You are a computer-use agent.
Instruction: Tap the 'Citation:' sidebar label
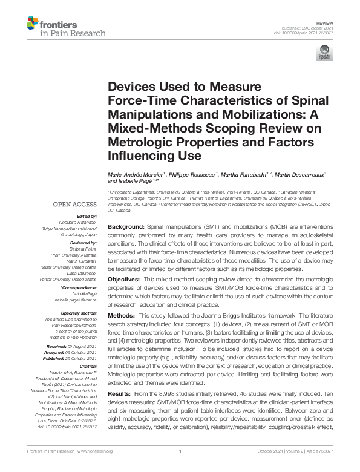tap(88, 366)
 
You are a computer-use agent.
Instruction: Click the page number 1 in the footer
tap(180, 467)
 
